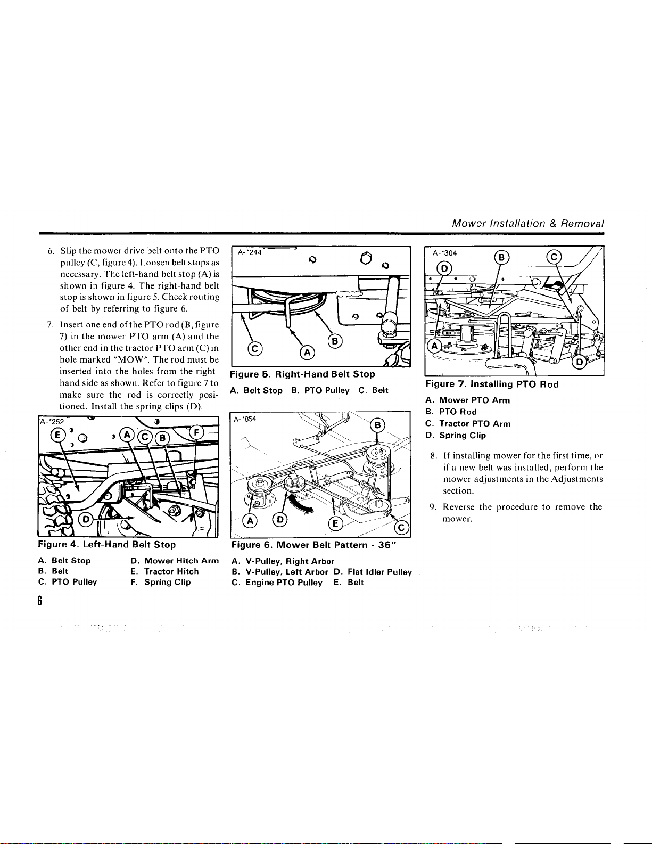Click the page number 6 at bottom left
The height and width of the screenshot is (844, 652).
coord(40,601)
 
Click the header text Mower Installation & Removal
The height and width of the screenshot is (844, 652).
coord(528,224)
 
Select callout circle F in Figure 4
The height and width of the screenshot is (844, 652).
coord(196,432)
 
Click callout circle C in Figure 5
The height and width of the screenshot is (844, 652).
coord(255,348)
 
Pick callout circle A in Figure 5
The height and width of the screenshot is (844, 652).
coord(308,353)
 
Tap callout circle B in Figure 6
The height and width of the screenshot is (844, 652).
coord(377,425)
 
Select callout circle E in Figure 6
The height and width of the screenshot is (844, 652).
coord(336,523)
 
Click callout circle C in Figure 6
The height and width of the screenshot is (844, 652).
coord(401,528)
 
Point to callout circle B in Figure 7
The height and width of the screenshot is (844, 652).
coord(501,258)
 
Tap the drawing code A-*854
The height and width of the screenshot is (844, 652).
coord(245,419)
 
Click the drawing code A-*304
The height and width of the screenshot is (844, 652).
coord(445,253)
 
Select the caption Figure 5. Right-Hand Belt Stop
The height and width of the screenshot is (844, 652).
coord(303,374)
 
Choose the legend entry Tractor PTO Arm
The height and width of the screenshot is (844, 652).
coord(475,424)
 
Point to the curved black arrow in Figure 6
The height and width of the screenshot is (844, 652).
coord(302,504)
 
